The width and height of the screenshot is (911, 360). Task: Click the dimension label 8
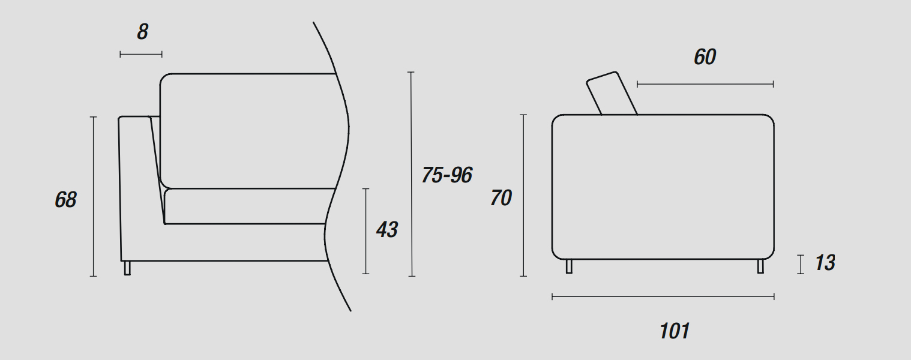click(143, 32)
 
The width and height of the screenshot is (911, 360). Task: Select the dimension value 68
click(65, 200)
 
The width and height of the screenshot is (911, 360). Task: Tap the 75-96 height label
click(447, 175)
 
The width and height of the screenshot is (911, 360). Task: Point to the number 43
click(386, 229)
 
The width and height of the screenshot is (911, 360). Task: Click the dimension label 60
click(705, 57)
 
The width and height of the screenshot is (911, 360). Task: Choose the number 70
click(501, 198)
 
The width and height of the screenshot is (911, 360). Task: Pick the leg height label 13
click(825, 263)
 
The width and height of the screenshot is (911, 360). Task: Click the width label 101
click(675, 331)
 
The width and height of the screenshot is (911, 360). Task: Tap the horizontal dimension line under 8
click(141, 54)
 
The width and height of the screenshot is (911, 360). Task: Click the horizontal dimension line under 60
click(705, 84)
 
